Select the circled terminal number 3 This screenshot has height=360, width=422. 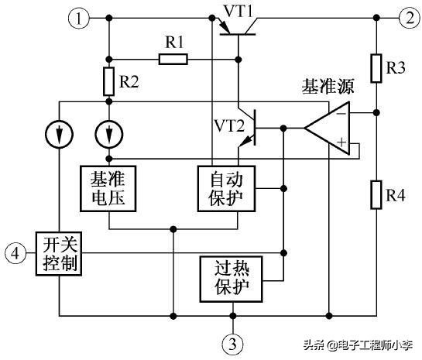[233, 341]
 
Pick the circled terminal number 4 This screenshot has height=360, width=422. [15, 252]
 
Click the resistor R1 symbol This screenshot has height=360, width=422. [173, 58]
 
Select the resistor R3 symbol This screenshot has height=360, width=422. [376, 68]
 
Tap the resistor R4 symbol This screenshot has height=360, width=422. [376, 190]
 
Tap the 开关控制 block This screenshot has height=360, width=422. [60, 252]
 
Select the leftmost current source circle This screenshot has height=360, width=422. [60, 134]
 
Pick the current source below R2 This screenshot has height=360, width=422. [109, 134]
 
